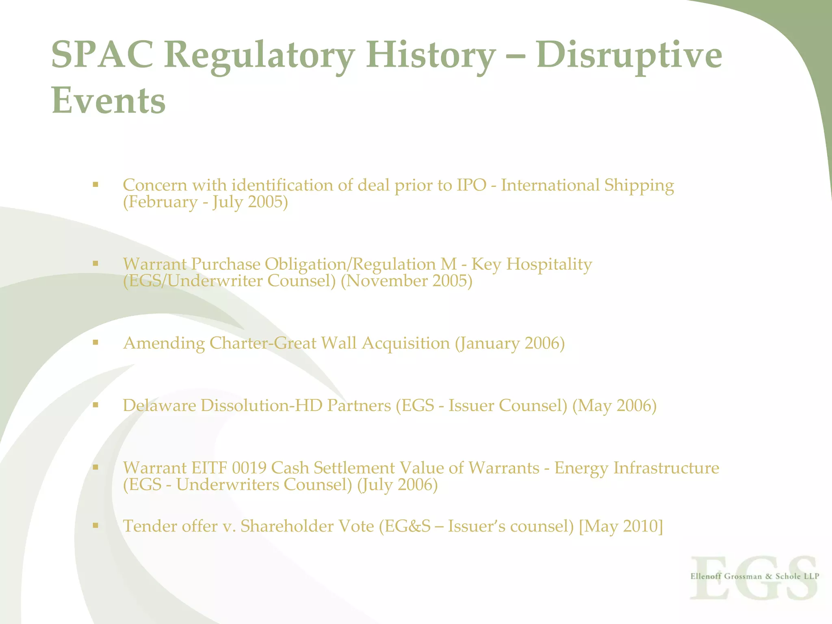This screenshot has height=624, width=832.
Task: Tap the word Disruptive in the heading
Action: pyautogui.click(x=629, y=55)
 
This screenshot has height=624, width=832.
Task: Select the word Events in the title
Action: pyautogui.click(x=108, y=100)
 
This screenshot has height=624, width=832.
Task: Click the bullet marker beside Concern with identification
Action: pyautogui.click(x=95, y=185)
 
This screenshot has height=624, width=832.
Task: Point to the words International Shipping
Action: pyautogui.click(x=587, y=185)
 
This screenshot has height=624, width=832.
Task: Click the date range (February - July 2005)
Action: pyautogui.click(x=206, y=202)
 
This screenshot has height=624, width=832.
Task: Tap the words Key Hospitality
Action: pyautogui.click(x=531, y=264)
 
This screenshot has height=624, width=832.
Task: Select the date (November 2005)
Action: pyautogui.click(x=407, y=281)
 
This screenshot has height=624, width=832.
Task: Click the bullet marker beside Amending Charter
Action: pyautogui.click(x=95, y=342)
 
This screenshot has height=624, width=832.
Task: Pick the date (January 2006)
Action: pyautogui.click(x=510, y=343)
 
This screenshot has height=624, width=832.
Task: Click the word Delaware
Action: pyautogui.click(x=160, y=405)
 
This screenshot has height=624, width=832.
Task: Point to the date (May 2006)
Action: pyautogui.click(x=614, y=405)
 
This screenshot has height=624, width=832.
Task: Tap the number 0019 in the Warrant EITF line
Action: pyautogui.click(x=249, y=468)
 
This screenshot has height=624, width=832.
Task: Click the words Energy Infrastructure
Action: pyautogui.click(x=637, y=468)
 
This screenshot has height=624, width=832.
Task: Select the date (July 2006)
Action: pyautogui.click(x=397, y=485)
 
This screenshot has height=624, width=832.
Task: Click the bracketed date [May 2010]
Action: pyautogui.click(x=621, y=526)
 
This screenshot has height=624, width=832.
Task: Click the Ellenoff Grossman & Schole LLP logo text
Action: pyautogui.click(x=754, y=576)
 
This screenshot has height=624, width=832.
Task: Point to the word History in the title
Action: pyautogui.click(x=431, y=55)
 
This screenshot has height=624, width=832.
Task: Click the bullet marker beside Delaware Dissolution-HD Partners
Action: pyautogui.click(x=95, y=405)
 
